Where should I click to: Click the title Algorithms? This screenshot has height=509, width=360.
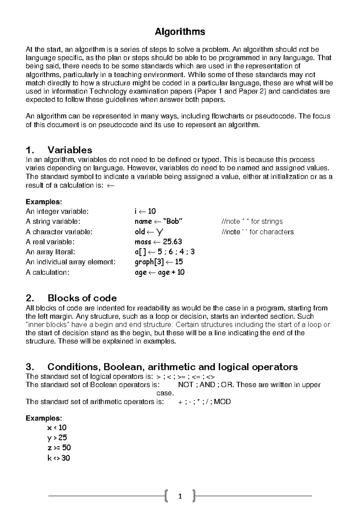coord(180,32)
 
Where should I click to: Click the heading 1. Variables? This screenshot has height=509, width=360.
coord(59,150)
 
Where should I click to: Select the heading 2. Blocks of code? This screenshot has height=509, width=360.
coord(71,298)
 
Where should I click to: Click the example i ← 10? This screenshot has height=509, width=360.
coord(145,211)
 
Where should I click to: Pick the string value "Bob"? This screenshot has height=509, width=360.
coord(173,222)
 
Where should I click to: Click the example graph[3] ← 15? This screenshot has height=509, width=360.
coord(159,262)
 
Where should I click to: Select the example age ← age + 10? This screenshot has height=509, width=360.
coord(160,272)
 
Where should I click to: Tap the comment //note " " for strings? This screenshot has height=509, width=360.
coord(252,222)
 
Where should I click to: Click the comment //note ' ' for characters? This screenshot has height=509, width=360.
coord(257,232)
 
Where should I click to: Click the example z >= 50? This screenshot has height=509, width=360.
coord(59,448)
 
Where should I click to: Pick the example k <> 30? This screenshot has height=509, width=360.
coord(59,458)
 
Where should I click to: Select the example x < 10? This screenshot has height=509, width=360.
coord(57,427)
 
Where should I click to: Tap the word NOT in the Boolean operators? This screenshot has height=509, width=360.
coord(186,385)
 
